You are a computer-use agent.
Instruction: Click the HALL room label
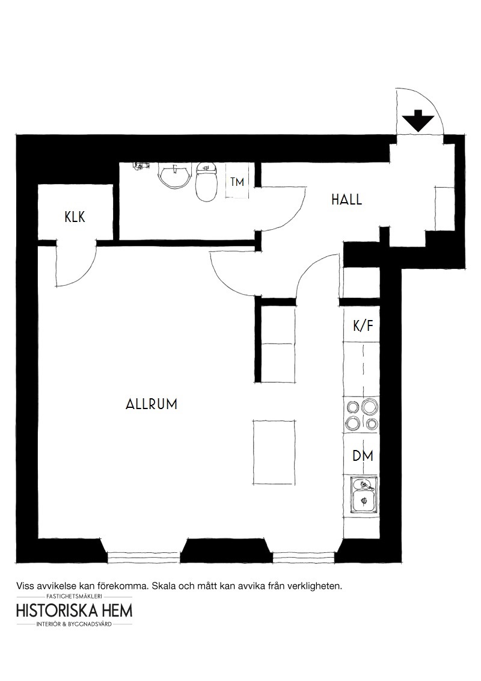point(346,200)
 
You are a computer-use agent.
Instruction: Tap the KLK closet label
point(75,217)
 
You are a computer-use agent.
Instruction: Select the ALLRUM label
point(152,404)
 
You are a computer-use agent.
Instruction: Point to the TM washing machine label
point(237,182)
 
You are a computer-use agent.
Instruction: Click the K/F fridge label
point(363,325)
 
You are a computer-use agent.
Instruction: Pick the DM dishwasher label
point(363,456)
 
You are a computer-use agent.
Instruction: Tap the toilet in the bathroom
point(206,182)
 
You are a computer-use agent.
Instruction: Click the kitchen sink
point(364,495)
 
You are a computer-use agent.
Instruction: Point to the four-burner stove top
point(361,414)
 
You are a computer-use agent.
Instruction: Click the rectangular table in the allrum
point(274,452)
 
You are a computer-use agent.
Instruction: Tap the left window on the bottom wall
point(143,557)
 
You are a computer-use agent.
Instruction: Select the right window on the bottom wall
point(304,557)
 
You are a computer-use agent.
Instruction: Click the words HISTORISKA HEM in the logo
point(74,611)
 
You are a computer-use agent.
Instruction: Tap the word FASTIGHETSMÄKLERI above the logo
point(74,597)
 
